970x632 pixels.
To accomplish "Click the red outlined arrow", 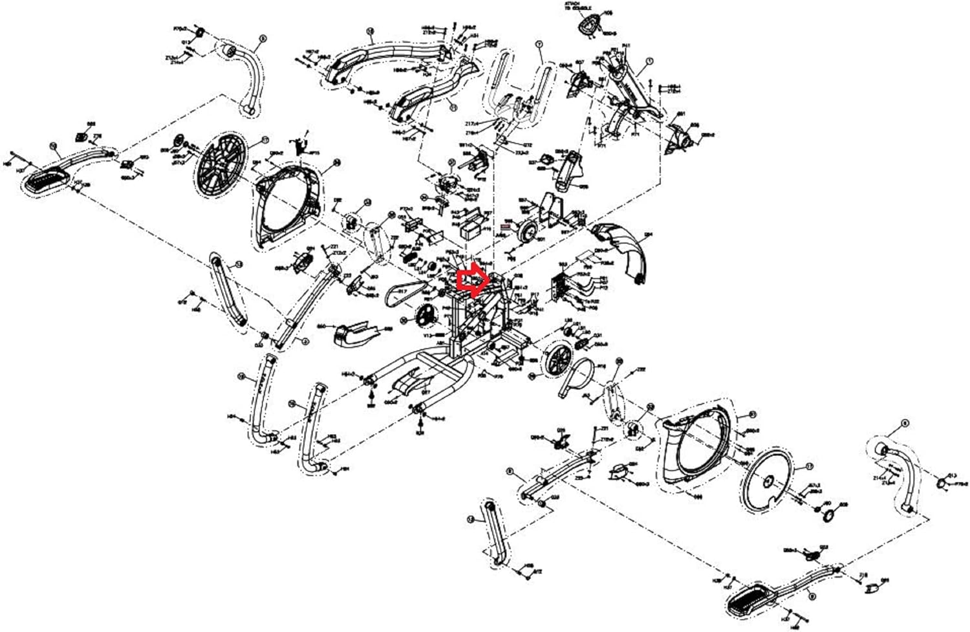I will (x=470, y=280).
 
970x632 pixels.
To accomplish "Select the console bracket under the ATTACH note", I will (x=586, y=26).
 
